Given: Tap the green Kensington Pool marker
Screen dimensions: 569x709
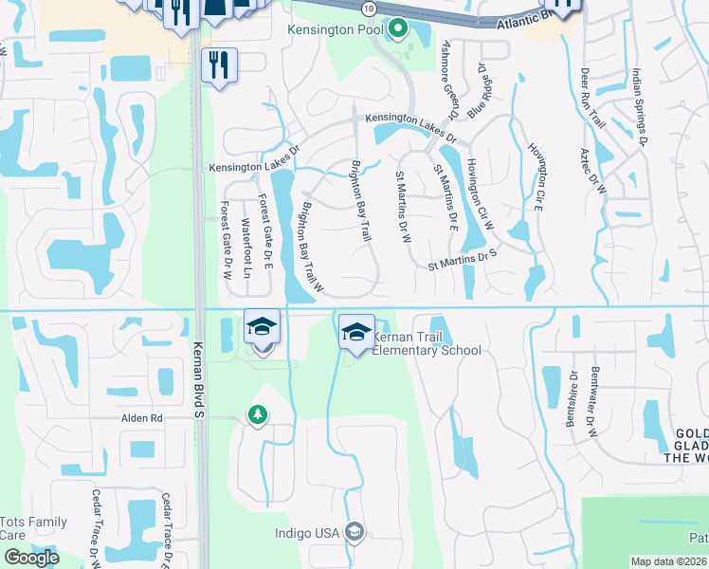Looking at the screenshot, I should pyautogui.click(x=398, y=29).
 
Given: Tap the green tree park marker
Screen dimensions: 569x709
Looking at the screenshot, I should pyautogui.click(x=257, y=415).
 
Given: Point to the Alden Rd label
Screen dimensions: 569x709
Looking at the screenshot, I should pyautogui.click(x=142, y=417).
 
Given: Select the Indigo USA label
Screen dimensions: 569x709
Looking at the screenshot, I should pyautogui.click(x=307, y=533).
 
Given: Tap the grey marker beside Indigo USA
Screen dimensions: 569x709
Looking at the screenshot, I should pyautogui.click(x=354, y=532).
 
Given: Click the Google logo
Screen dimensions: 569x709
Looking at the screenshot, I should pyautogui.click(x=32, y=558).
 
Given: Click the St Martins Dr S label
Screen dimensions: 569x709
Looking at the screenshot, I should pyautogui.click(x=463, y=255).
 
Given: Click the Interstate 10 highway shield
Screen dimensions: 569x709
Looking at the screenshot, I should pyautogui.click(x=368, y=8).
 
